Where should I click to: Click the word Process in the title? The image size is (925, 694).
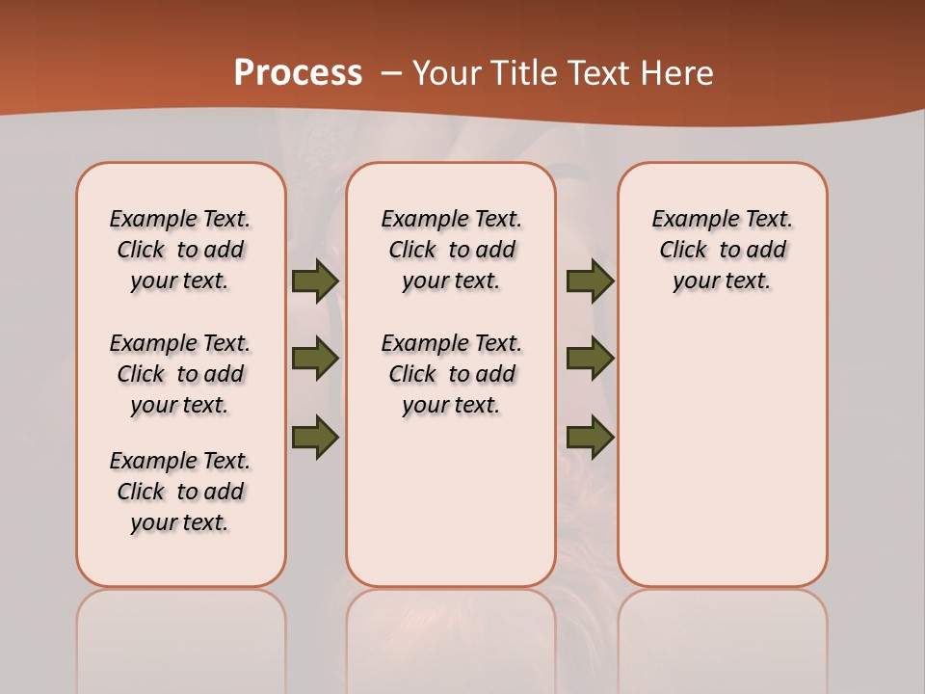tap(298, 73)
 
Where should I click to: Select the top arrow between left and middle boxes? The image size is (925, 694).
tap(315, 280)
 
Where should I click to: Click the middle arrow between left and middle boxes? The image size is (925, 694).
tap(315, 359)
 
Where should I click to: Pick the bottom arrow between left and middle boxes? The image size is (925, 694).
tap(315, 436)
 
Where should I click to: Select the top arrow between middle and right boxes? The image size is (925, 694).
tap(590, 280)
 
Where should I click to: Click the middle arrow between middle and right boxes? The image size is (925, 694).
tap(590, 359)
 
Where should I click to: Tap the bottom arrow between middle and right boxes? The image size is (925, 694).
tap(590, 437)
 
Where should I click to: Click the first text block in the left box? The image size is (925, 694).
tap(180, 250)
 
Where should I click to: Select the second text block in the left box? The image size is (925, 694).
tap(180, 374)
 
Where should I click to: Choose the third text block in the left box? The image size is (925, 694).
tap(180, 492)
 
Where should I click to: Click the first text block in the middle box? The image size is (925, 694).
tap(451, 250)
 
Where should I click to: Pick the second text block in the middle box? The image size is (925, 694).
tap(451, 374)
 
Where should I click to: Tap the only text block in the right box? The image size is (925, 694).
tap(722, 250)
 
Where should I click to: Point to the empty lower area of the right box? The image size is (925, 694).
tap(722, 453)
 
